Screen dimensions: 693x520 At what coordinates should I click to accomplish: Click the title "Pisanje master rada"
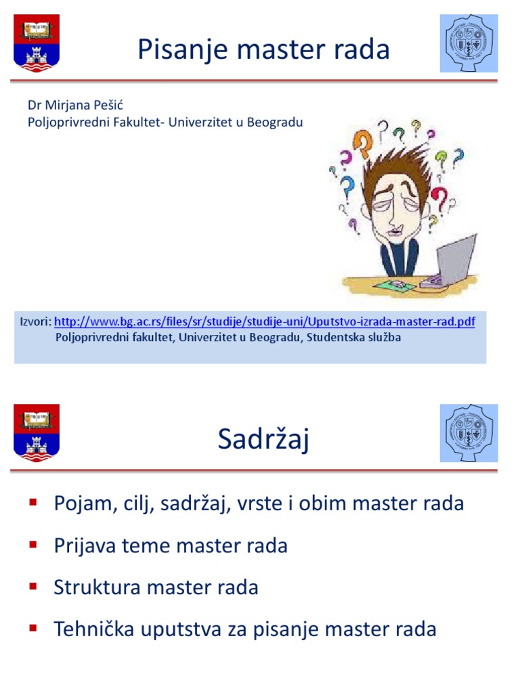click(x=263, y=49)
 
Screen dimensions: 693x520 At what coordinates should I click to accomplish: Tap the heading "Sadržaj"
click(x=263, y=440)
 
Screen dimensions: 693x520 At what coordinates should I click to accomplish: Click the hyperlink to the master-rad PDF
click(x=264, y=321)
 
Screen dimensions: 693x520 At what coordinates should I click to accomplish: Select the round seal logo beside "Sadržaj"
click(x=469, y=433)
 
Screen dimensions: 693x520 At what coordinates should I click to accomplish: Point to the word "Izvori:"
click(x=35, y=321)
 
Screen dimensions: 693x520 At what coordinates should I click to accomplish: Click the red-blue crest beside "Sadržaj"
click(x=37, y=432)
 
